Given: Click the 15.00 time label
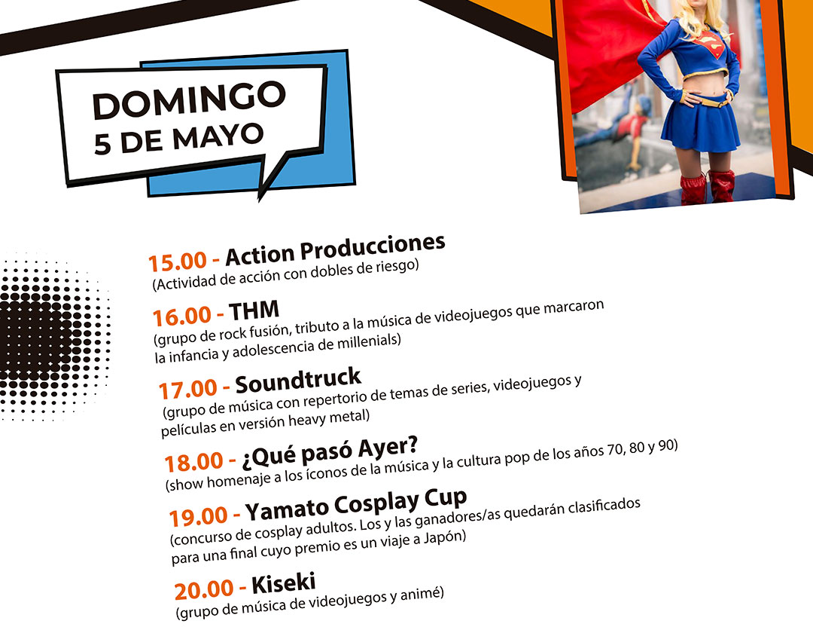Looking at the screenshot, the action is (178, 261).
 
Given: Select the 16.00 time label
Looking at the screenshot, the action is (182, 316).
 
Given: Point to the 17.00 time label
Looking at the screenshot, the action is (187, 389).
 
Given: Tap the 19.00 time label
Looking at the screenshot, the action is (199, 516).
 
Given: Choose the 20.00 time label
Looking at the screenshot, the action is (204, 589).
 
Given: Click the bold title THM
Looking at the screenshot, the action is (254, 310).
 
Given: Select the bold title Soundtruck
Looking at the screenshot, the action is (298, 381).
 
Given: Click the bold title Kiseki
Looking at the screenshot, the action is (284, 583).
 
